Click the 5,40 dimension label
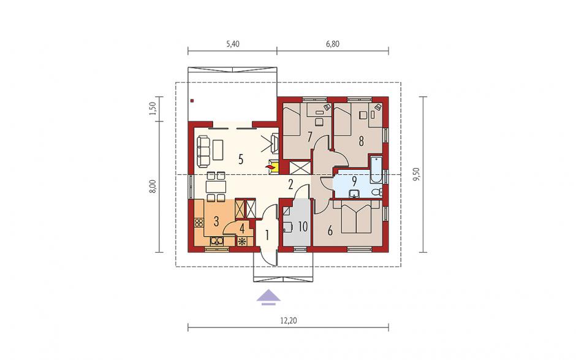pos(232,44)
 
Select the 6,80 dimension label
pos(333,44)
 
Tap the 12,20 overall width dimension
pos(289,321)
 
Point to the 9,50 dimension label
pos(417,174)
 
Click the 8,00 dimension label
pos(153,186)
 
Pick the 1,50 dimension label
pos(153,109)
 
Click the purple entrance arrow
pos(268,297)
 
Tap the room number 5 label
pos(241,159)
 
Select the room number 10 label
pos(303,226)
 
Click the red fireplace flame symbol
pos(271,168)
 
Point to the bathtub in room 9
pos(376,169)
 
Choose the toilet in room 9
pos(377,191)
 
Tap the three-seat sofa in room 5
pos(203,151)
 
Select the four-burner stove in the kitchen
pos(199,222)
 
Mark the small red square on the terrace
pos(192,101)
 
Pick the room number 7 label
pos(309,137)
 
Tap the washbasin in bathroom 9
pos(355,193)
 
